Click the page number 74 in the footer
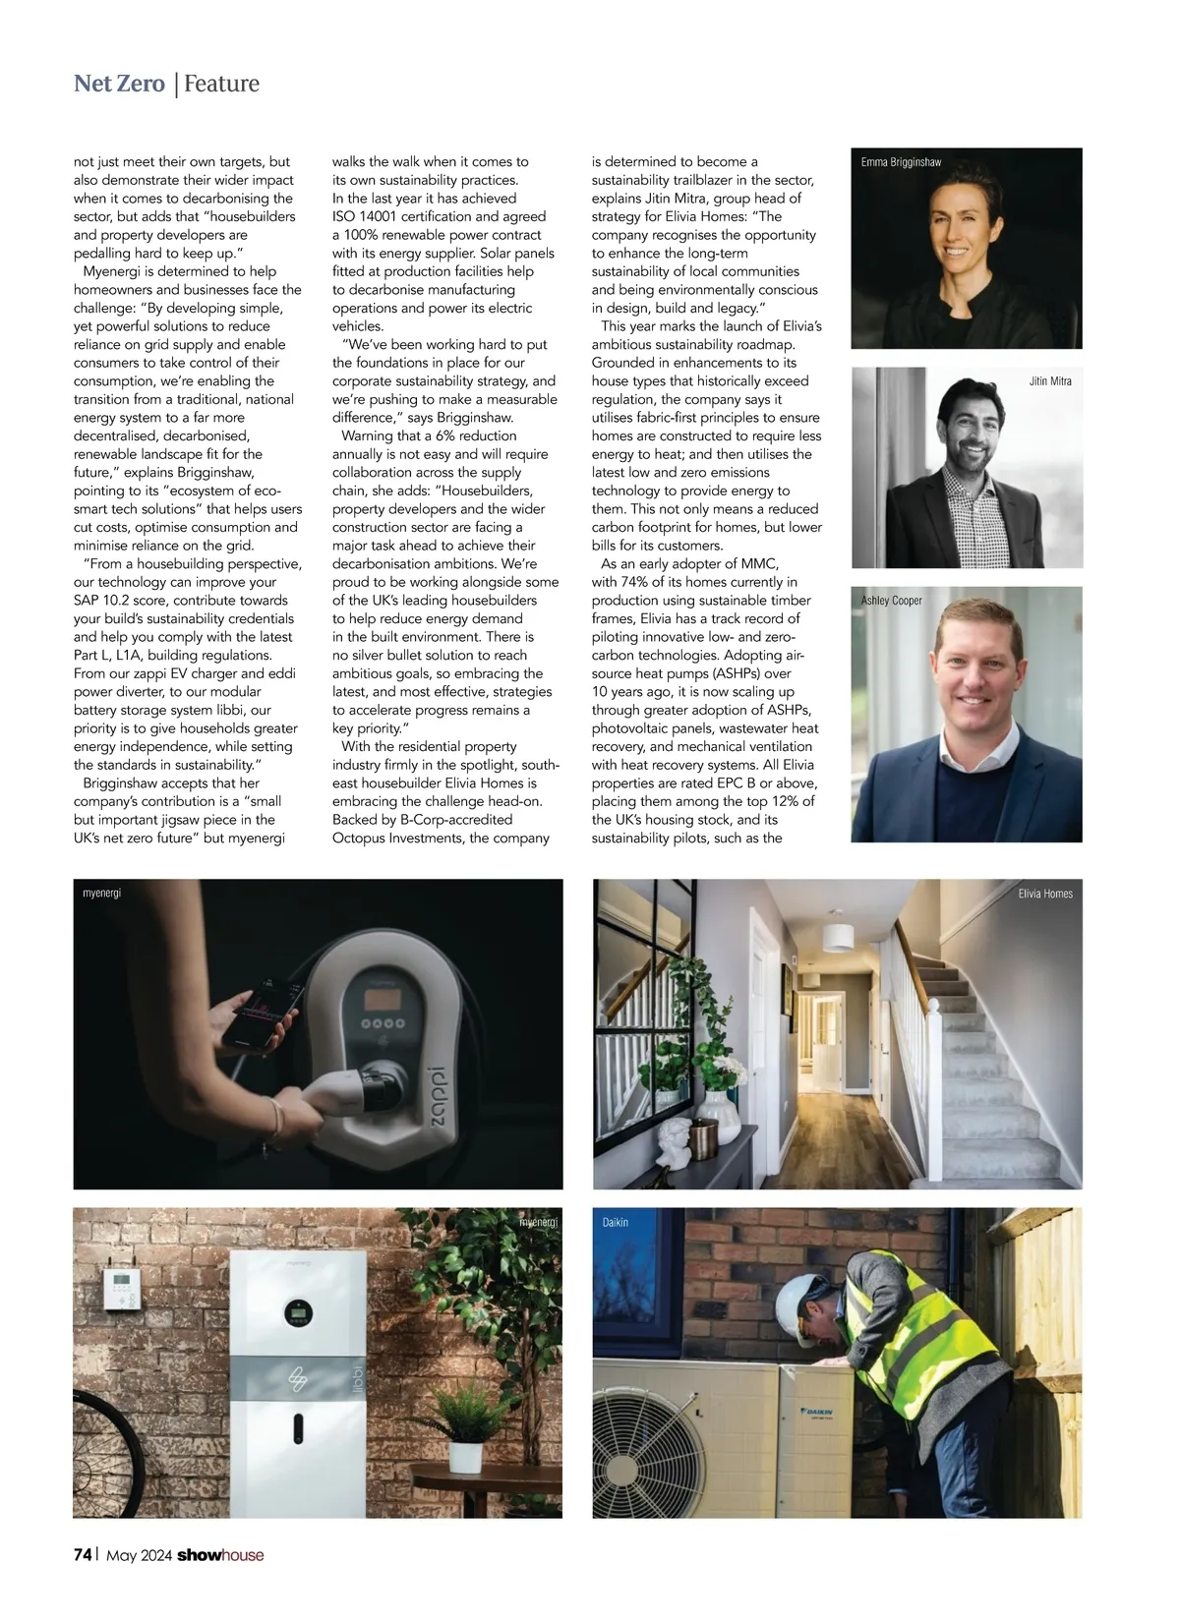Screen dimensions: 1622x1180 click(x=83, y=1554)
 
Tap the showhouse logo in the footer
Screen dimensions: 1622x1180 click(x=220, y=1554)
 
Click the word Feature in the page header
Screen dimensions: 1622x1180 click(x=221, y=84)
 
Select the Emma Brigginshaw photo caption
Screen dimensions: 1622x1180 click(x=901, y=162)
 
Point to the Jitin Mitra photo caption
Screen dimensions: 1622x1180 click(x=1050, y=380)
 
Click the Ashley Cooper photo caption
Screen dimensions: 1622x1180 click(x=892, y=601)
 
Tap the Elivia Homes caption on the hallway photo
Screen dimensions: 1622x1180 click(x=1045, y=894)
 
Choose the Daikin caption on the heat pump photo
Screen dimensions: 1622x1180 click(x=615, y=1222)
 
